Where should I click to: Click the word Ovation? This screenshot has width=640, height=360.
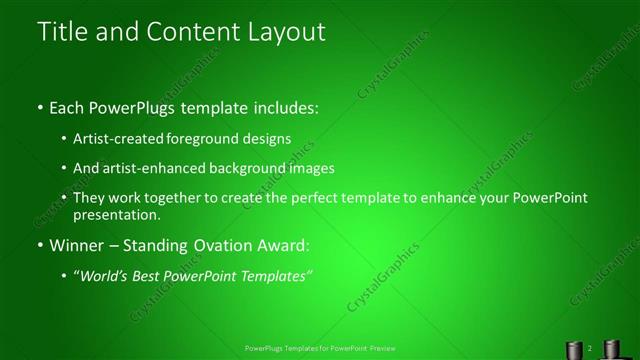coord(220,245)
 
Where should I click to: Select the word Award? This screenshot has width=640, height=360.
coord(282,245)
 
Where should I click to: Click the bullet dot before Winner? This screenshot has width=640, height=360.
coord(39,246)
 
